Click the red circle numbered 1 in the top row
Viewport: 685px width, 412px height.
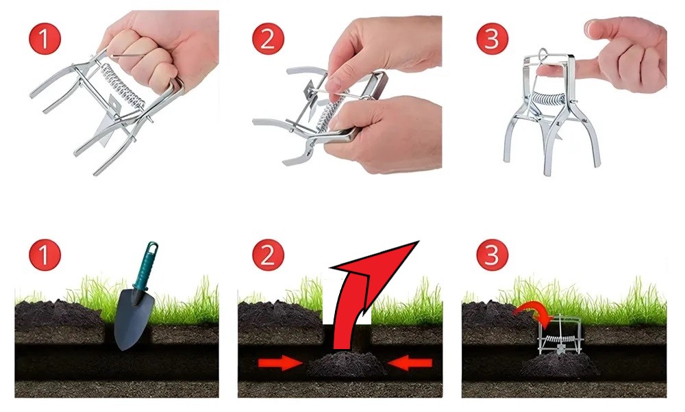45,38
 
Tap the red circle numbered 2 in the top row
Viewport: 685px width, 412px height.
268,38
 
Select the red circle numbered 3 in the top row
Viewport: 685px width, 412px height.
492,38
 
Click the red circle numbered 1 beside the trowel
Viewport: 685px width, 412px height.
45,255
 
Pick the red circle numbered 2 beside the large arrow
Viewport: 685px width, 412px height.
268,255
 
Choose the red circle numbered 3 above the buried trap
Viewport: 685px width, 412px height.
492,255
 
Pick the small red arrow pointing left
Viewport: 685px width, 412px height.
410,363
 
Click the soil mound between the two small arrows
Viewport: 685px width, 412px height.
345,365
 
